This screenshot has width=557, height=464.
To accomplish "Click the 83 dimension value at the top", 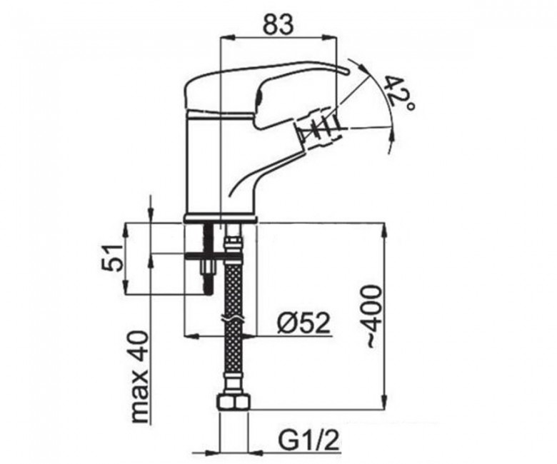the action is point(278,24).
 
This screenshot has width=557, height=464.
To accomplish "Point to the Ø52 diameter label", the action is point(303,324).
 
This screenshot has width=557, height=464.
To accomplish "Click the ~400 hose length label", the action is point(372,316).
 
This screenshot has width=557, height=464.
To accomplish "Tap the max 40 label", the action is point(139,377).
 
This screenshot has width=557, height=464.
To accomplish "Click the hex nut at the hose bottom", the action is point(234,403).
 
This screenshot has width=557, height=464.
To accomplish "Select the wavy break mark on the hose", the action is point(233,318).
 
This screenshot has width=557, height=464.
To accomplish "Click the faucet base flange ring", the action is point(221,218).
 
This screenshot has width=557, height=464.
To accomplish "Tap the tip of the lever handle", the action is point(346,71).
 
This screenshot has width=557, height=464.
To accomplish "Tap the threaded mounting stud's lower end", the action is point(208,289).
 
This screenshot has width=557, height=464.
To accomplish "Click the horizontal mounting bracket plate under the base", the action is point(204,254).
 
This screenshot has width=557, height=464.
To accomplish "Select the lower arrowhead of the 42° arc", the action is point(392,136).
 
